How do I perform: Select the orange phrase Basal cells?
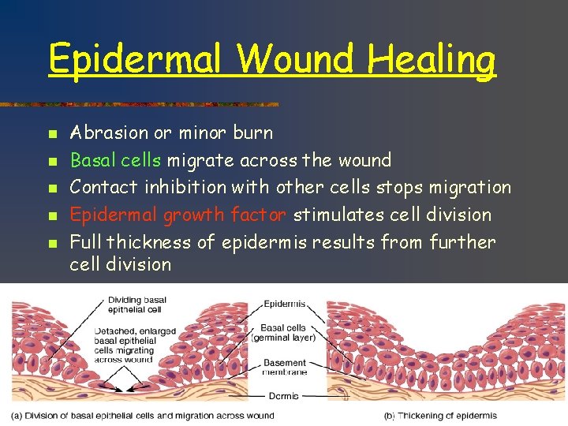(116, 160)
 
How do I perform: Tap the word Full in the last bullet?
(86, 242)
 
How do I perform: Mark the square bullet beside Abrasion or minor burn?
(52, 133)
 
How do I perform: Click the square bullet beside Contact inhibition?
(52, 188)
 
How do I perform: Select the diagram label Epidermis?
(284, 304)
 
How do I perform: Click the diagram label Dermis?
(284, 396)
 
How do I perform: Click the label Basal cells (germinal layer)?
(283, 333)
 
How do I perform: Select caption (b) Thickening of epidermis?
(440, 416)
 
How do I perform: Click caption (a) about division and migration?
(142, 416)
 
